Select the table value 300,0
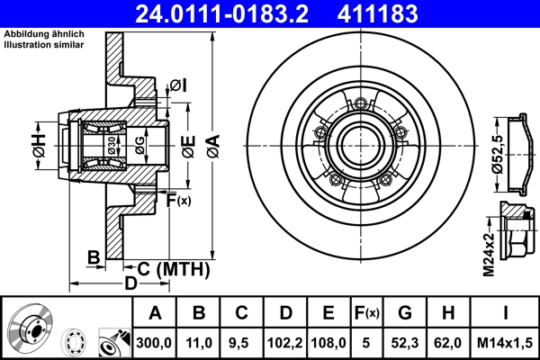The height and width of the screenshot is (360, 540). tap(155, 343)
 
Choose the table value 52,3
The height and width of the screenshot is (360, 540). tap(404, 343)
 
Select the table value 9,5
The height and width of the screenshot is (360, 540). tap(243, 343)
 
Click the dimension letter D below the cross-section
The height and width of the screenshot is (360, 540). tap(130, 283)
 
